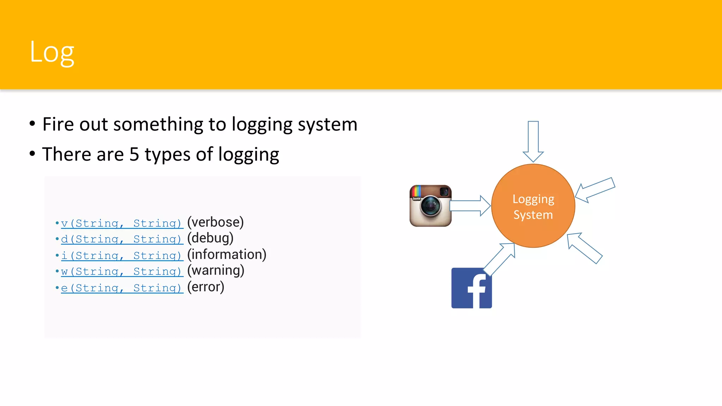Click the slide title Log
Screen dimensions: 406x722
52,52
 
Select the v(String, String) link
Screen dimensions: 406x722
122,223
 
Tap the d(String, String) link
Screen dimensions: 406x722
122,239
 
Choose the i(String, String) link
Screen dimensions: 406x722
122,255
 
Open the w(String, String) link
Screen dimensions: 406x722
122,271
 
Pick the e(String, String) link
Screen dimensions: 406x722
122,288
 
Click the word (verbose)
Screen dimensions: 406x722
215,222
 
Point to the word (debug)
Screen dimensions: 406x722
210,238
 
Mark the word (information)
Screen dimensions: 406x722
227,254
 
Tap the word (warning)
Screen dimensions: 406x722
215,271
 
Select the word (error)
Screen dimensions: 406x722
206,287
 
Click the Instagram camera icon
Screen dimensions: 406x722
430,206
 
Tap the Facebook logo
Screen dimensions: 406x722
471,288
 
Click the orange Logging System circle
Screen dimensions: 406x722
533,206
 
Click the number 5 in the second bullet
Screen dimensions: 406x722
134,154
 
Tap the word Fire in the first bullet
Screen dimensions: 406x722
58,124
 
